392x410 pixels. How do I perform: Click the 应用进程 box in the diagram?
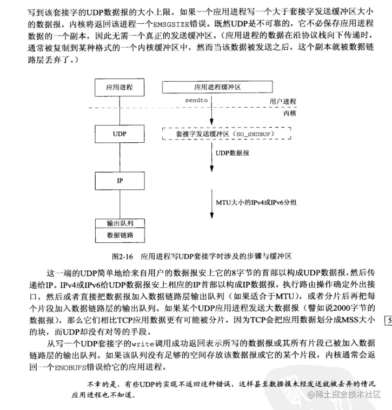point(120,86)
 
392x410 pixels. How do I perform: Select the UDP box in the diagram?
point(120,133)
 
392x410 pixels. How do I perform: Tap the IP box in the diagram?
point(120,181)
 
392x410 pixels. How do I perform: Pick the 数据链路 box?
point(120,235)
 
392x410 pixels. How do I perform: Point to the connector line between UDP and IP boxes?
point(120,157)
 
